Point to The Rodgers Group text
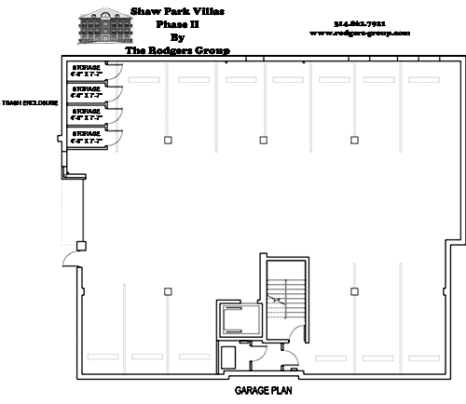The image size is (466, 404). tap(178, 50)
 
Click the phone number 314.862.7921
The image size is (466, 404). tap(357, 22)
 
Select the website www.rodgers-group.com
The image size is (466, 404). tap(358, 33)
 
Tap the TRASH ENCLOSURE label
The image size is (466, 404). tap(31, 104)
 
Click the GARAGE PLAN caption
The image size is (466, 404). tap(264, 391)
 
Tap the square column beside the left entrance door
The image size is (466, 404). tap(81, 246)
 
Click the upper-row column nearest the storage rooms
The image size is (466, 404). tap(168, 140)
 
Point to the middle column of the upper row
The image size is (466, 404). tap(261, 140)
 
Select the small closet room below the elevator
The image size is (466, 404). tap(227, 357)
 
